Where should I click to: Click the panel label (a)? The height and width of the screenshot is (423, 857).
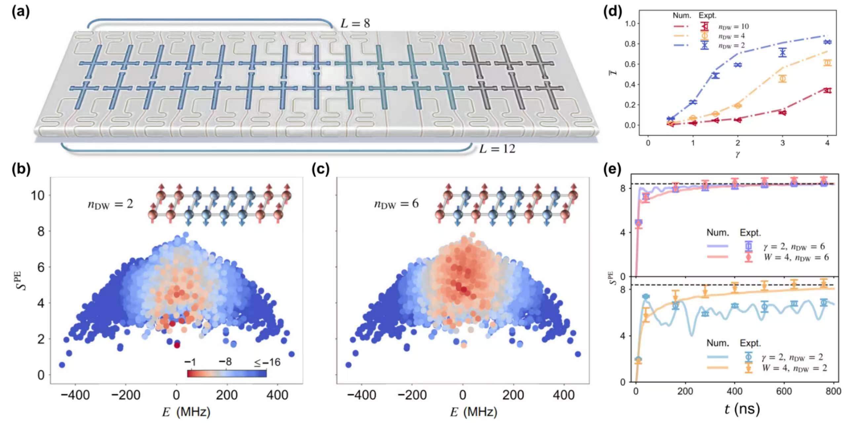point(20,12)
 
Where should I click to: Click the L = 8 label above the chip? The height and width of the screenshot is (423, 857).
point(355,23)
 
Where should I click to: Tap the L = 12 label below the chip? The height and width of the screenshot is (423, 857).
point(497,149)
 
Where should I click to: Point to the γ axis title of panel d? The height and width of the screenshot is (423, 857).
point(738,154)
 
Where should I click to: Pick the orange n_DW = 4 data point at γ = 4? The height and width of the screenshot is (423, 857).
point(827,63)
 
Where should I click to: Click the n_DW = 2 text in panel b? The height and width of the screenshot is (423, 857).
point(110,204)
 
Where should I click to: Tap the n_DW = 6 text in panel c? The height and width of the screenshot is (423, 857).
point(396,204)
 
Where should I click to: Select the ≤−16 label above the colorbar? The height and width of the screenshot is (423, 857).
point(267,362)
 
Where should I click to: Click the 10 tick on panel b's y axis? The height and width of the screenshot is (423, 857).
point(38,196)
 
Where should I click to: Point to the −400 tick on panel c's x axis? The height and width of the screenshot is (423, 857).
point(362,395)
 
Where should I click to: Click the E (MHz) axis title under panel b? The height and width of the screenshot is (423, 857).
point(186,412)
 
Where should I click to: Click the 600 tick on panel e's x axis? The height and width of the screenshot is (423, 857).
point(784,391)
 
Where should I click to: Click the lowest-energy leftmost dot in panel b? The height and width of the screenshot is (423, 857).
point(62,365)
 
